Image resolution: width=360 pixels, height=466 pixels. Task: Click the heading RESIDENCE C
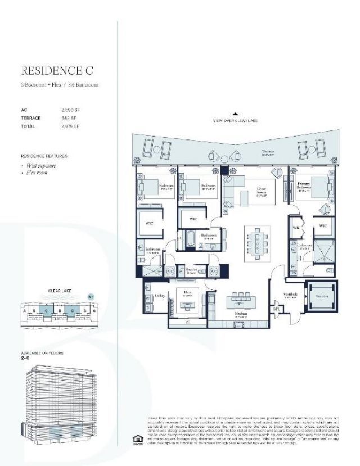point(56,71)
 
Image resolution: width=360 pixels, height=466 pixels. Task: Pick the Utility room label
point(159,294)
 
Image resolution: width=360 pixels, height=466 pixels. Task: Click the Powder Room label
point(194,270)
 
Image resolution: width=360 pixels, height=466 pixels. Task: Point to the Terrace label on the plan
point(267,151)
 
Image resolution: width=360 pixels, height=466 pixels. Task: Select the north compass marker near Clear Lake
point(90,296)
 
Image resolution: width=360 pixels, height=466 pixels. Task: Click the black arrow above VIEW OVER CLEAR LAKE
point(235,114)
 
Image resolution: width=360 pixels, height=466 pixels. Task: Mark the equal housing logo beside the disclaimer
point(136,439)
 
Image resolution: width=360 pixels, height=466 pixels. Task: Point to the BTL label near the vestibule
point(276,309)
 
